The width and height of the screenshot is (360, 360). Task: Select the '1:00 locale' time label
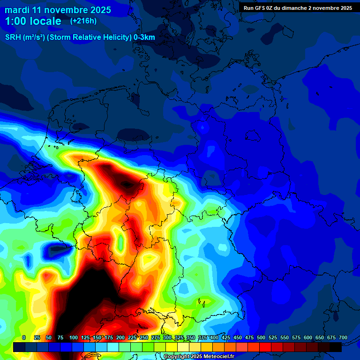click(33, 21)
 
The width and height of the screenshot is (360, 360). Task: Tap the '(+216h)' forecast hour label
click(83, 21)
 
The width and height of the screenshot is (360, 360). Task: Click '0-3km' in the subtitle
click(144, 37)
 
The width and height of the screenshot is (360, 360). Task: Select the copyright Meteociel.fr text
click(198, 357)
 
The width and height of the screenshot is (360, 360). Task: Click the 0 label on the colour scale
click(24, 337)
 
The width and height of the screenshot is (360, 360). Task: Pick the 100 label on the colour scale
click(73, 337)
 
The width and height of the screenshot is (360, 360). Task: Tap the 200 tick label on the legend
click(120, 337)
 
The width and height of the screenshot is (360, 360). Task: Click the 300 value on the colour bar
click(167, 337)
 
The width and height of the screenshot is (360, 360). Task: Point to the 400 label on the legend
click(214, 337)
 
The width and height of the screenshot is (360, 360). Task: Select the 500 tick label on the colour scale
click(261, 337)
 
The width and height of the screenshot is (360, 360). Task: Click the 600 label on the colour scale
click(307, 337)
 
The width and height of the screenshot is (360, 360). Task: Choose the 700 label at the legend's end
click(343, 337)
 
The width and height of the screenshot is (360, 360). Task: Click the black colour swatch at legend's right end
click(336, 347)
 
